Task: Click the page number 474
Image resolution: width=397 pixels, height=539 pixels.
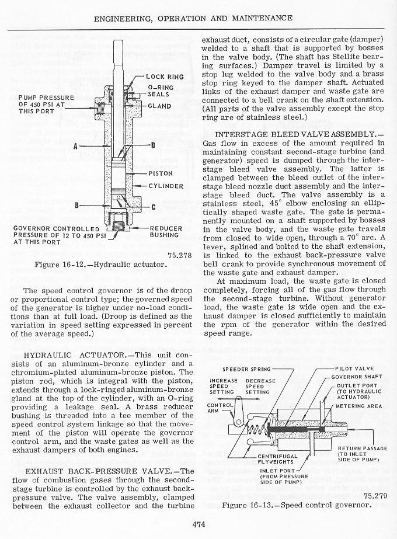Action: tap(198, 523)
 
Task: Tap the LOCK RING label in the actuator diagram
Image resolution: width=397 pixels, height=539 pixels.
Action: tap(165, 76)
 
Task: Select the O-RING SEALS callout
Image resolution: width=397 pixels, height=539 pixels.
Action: tap(158, 91)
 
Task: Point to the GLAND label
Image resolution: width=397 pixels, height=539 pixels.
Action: tap(159, 106)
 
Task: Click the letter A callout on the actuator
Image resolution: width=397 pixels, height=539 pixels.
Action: tap(76, 146)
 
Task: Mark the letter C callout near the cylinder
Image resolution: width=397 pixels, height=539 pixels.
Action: tap(152, 207)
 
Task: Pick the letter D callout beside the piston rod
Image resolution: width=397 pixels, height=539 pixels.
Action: tap(152, 145)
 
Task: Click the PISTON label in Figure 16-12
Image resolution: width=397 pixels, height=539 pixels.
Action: tap(160, 173)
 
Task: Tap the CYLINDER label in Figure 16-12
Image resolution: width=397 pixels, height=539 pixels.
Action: tap(165, 186)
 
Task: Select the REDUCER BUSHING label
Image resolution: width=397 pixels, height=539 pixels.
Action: tap(166, 232)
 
